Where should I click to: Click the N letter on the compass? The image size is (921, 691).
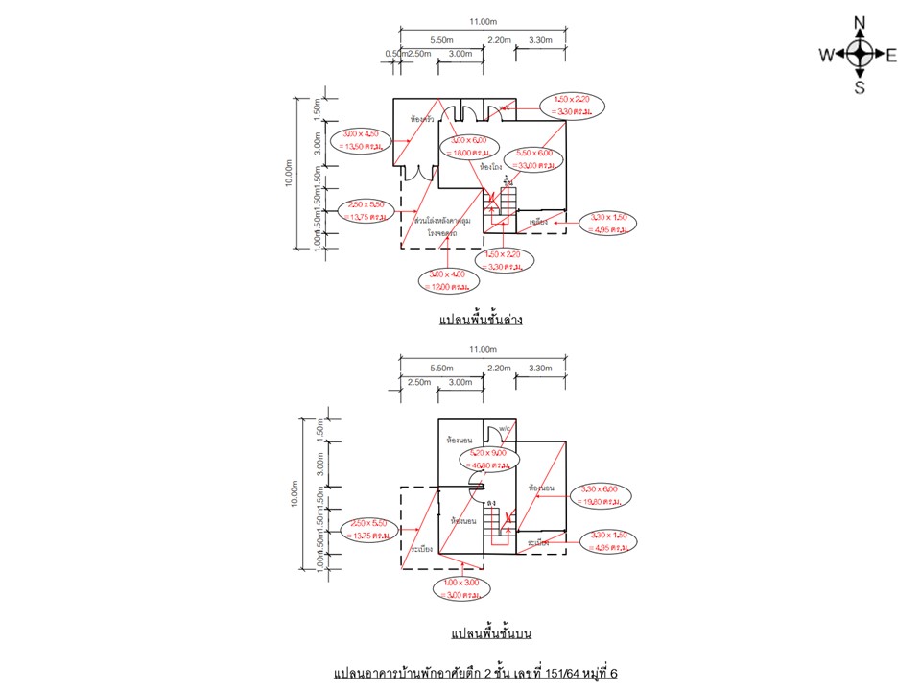[861, 23]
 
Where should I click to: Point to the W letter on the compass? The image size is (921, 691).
[826, 56]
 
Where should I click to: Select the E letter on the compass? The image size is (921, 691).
[891, 56]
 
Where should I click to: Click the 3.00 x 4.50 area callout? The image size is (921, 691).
[362, 141]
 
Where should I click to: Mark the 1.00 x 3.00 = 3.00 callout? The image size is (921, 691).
[460, 588]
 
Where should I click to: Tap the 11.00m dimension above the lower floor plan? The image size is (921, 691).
[482, 22]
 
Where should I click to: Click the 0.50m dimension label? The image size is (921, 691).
[395, 54]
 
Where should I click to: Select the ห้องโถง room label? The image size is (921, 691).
[490, 166]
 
